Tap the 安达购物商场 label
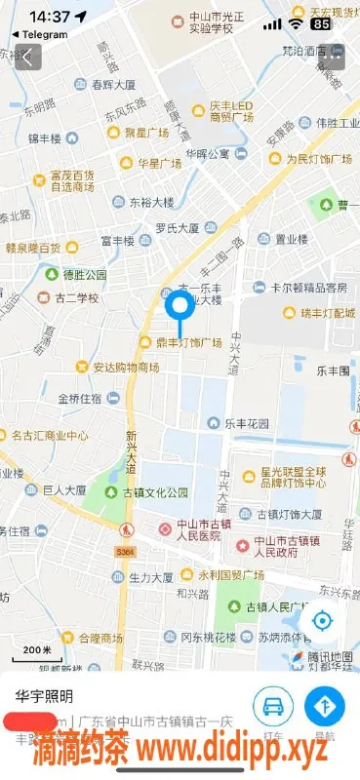point(125,368)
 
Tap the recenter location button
point(322,621)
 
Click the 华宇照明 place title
point(44,696)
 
